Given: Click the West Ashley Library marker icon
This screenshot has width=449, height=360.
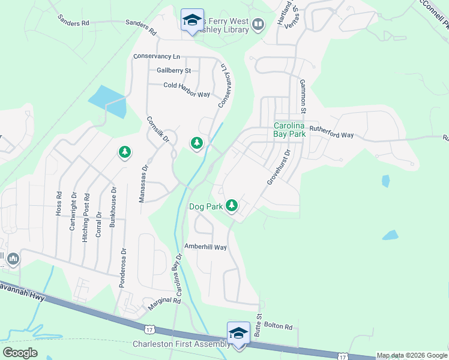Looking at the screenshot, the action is (258, 25).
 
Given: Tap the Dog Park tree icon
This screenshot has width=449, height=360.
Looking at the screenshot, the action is (232, 206).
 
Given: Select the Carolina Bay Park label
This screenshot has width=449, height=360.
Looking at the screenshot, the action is (290, 130).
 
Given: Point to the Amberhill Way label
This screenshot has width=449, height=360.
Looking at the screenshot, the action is (205, 247).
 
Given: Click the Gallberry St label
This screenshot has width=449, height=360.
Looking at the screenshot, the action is (173, 70).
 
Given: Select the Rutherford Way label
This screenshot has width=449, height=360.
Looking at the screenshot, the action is (332, 135).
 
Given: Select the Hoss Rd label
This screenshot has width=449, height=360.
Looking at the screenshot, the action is (58, 203).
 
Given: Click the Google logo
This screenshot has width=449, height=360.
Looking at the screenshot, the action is (20, 353).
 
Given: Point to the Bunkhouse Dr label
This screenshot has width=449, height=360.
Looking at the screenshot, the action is (113, 206).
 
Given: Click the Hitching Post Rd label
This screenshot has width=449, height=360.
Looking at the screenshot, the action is (87, 217).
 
